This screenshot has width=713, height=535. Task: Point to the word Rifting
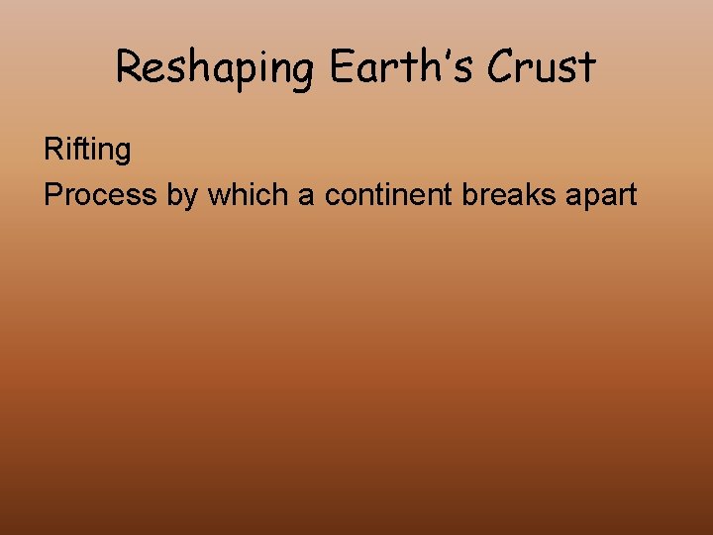coord(87,151)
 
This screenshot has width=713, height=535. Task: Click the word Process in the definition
coord(100,194)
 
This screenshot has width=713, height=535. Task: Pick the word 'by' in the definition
coord(182,195)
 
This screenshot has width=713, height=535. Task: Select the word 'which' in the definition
coord(248,194)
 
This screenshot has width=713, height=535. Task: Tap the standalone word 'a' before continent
coord(306,195)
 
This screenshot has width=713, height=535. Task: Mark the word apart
coord(600,195)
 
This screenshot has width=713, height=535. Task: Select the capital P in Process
coord(52,194)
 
